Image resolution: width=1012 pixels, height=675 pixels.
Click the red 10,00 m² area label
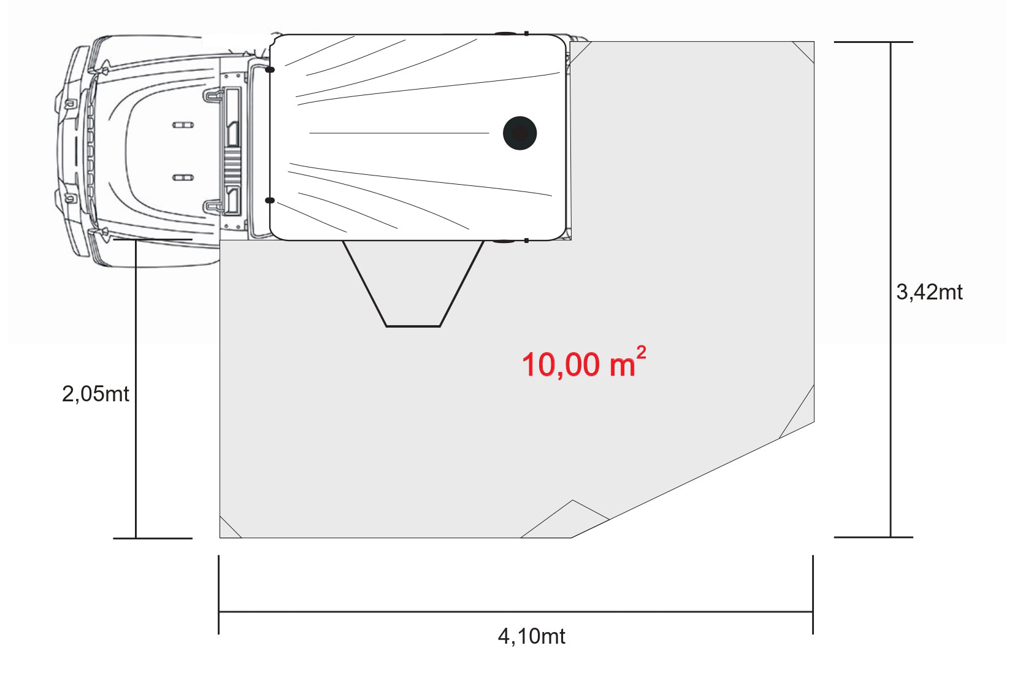click(x=584, y=362)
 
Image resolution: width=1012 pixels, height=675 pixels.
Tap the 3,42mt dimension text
click(x=929, y=292)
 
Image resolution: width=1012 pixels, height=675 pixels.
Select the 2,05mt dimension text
click(x=95, y=394)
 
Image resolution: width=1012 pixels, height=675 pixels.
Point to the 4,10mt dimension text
click(x=531, y=636)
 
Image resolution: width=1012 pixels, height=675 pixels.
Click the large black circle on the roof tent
click(x=519, y=133)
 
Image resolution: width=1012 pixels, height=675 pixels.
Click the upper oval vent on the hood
click(x=183, y=125)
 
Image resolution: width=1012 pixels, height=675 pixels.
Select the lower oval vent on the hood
click(x=183, y=177)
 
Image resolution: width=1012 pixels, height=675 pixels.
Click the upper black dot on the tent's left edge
click(x=270, y=69)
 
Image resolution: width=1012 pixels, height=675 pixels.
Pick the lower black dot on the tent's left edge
click(x=270, y=200)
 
